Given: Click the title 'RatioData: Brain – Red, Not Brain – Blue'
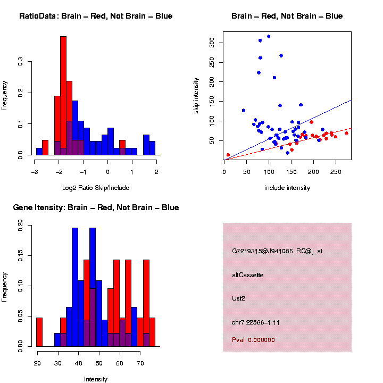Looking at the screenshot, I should point(96,16).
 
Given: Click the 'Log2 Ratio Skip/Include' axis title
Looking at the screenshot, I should point(96,187).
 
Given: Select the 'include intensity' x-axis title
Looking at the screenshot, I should point(287,187).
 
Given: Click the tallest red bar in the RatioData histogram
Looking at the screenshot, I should point(63,96).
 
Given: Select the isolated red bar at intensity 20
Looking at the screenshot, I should point(39,332).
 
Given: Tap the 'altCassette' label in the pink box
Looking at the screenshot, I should point(248,274).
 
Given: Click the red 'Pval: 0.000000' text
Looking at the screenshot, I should point(253,339).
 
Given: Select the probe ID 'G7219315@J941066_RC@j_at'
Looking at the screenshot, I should point(277,251).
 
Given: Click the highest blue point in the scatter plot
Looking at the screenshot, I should point(269,36).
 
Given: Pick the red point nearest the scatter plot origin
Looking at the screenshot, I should point(228,155).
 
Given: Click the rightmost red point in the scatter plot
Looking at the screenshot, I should point(346,133).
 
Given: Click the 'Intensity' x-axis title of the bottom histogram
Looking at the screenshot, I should point(96,379).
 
